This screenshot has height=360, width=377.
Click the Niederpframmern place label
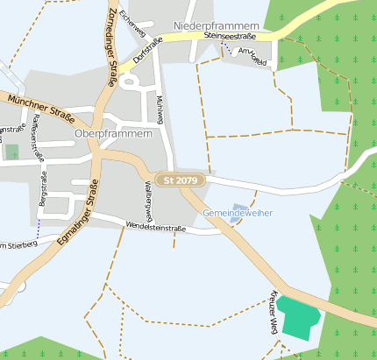[x=225, y=25]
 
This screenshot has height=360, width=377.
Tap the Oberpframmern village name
[x=114, y=134]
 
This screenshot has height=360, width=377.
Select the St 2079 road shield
[x=181, y=180]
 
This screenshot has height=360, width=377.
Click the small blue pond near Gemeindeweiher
[x=239, y=208]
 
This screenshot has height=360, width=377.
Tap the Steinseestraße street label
[x=229, y=37]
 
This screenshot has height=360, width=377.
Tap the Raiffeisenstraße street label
[x=37, y=138]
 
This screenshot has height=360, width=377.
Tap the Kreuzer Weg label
[x=274, y=311]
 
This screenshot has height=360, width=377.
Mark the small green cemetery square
[x=11, y=152]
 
